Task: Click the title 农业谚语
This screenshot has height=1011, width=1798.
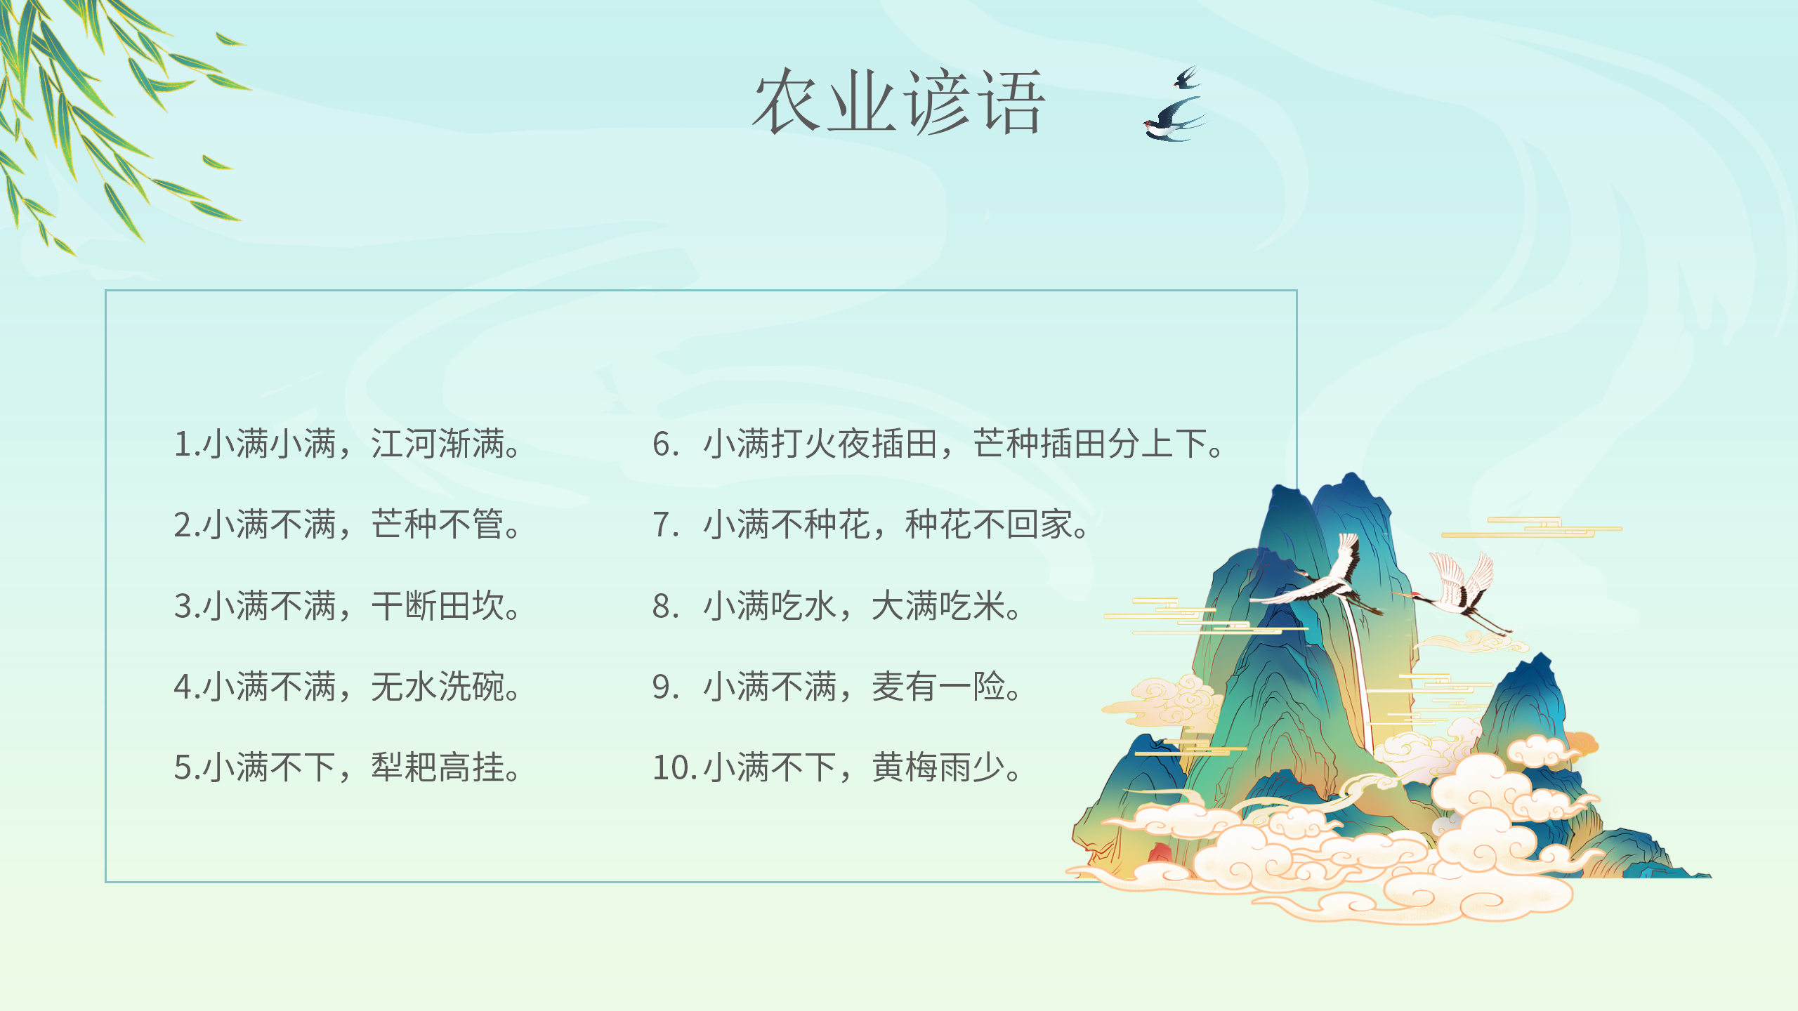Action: point(899,102)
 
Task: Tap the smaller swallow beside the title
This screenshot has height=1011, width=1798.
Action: point(1187,77)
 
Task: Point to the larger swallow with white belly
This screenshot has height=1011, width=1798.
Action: point(1174,121)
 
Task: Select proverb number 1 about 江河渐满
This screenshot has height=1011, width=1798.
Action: point(347,444)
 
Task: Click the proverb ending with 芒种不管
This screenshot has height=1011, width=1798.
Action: point(347,524)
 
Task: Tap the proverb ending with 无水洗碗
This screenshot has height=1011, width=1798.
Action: point(347,686)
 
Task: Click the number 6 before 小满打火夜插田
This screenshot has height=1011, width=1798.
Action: point(661,444)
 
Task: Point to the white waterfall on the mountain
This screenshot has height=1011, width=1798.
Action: point(1359,674)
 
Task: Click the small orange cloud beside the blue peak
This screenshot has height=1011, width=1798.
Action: point(1583,744)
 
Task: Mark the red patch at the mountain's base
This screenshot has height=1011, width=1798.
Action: point(1159,852)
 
